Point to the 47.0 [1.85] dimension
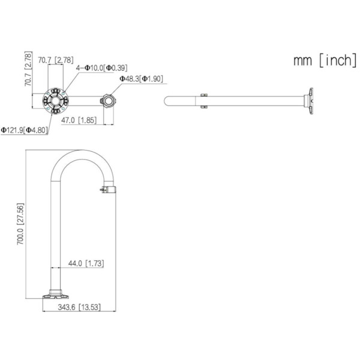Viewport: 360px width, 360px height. point(79,120)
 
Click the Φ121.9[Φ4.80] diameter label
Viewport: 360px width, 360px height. point(24,130)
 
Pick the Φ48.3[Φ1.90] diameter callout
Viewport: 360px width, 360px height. point(141,79)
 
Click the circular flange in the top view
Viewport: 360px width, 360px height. point(55,100)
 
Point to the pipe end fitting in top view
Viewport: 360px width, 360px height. point(109,100)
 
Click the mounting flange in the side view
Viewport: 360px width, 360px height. point(310,100)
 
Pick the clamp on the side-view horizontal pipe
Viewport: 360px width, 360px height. point(204,100)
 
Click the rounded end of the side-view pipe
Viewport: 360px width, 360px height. point(166,100)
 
